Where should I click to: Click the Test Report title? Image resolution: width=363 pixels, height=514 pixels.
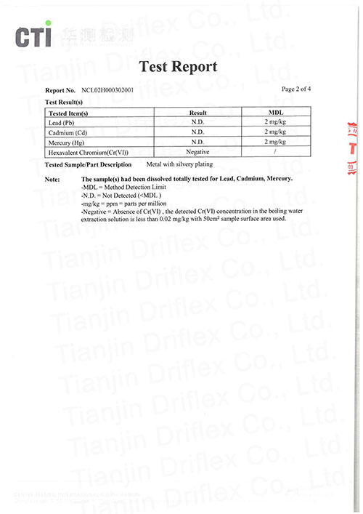point(178,67)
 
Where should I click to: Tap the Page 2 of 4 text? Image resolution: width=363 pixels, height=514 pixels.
point(296,89)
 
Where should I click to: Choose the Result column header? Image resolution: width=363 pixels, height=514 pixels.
point(198,113)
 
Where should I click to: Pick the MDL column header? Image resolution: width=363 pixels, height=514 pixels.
point(276,113)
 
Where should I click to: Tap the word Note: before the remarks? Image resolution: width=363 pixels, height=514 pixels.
point(52,179)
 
